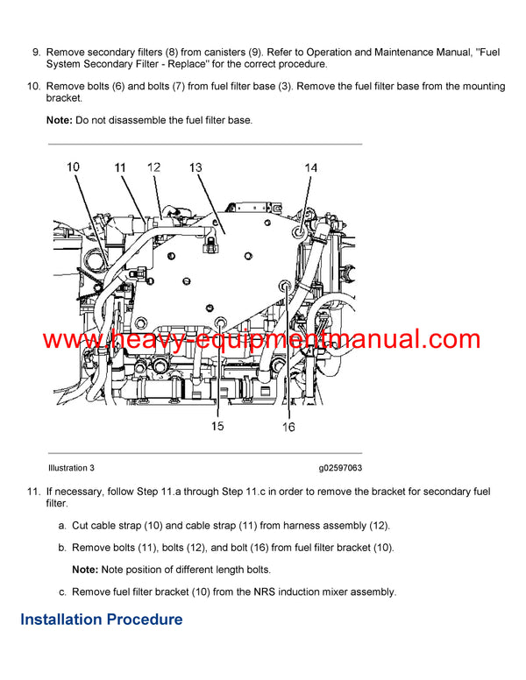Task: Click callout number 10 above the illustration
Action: coord(73,166)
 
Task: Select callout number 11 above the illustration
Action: coord(120,166)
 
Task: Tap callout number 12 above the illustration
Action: coord(154,166)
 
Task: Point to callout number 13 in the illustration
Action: coord(195,166)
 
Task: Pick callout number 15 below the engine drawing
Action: coord(217,426)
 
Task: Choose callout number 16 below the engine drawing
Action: coord(288,426)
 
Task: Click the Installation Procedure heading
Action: coord(102,620)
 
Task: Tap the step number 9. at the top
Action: coord(36,53)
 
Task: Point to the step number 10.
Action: coord(33,87)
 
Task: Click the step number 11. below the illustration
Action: coord(33,492)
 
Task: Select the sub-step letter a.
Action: coord(62,526)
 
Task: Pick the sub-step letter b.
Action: coord(62,548)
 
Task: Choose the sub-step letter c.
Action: coord(62,591)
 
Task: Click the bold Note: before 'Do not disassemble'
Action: coord(60,120)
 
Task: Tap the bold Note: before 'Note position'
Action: coord(86,570)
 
